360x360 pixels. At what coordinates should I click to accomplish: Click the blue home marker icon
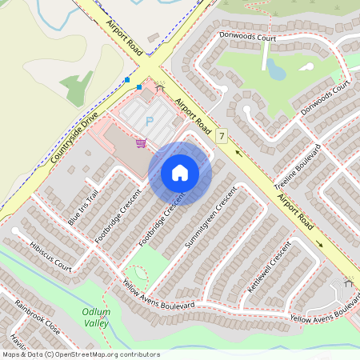click(180, 173)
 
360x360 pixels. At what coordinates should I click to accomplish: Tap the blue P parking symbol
click(149, 122)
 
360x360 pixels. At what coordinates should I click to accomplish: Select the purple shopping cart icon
click(141, 143)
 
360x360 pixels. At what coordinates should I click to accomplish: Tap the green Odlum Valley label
click(95, 317)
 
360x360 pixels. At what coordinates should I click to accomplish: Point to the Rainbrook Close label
click(37, 317)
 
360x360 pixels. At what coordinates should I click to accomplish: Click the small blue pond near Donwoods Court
click(276, 70)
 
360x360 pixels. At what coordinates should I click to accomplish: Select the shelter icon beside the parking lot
click(159, 87)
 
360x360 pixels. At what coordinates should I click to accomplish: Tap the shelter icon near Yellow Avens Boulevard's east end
click(348, 283)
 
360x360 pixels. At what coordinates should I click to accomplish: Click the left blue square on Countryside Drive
click(127, 80)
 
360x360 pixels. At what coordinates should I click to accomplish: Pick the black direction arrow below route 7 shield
click(237, 153)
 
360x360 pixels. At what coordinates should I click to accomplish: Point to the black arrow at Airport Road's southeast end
click(318, 244)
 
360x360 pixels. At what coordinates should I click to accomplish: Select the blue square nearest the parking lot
click(139, 86)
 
